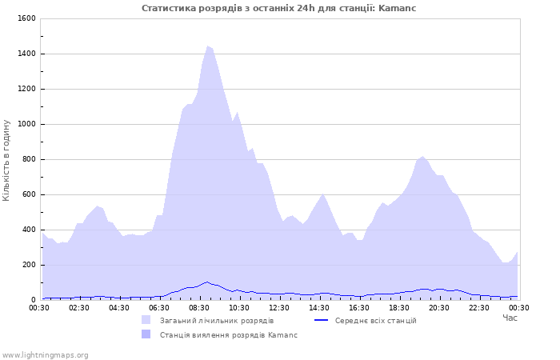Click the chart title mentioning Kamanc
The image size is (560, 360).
pos(279,8)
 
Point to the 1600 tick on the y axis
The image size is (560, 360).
pos(26,18)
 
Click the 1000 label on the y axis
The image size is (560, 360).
pos(26,124)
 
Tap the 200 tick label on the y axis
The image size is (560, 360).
pos(29,265)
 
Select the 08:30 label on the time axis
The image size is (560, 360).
pos(199,308)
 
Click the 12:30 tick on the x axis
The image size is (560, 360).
pos(279,308)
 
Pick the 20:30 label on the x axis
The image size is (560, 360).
pos(439,308)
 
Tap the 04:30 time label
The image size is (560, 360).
pos(119,308)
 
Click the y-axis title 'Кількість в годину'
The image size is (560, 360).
pos(7,160)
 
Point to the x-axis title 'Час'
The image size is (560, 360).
pos(510,318)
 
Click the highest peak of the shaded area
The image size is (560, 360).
pos(208,46)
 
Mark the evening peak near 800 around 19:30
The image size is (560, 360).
pos(423,157)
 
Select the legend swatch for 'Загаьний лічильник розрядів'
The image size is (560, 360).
pos(146,320)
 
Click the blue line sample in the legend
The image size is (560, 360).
pos(321,320)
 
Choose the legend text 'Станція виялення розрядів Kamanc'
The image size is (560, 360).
pos(229,334)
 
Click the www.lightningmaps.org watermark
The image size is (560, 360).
pos(45,354)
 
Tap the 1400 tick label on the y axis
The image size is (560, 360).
pos(26,54)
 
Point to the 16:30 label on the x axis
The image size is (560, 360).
pos(359,308)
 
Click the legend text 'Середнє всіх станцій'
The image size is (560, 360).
pos(375,320)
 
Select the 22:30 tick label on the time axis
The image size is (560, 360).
pos(479,308)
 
